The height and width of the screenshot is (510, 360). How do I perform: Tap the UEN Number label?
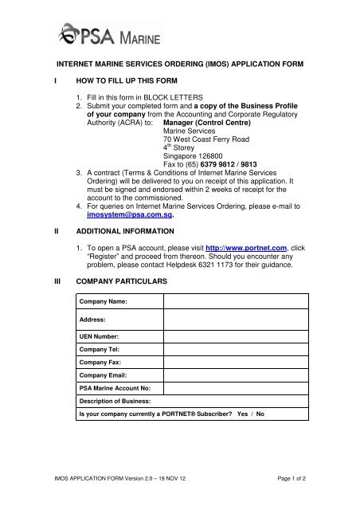click(100, 338)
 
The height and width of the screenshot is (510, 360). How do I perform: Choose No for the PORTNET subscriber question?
click(260, 414)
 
